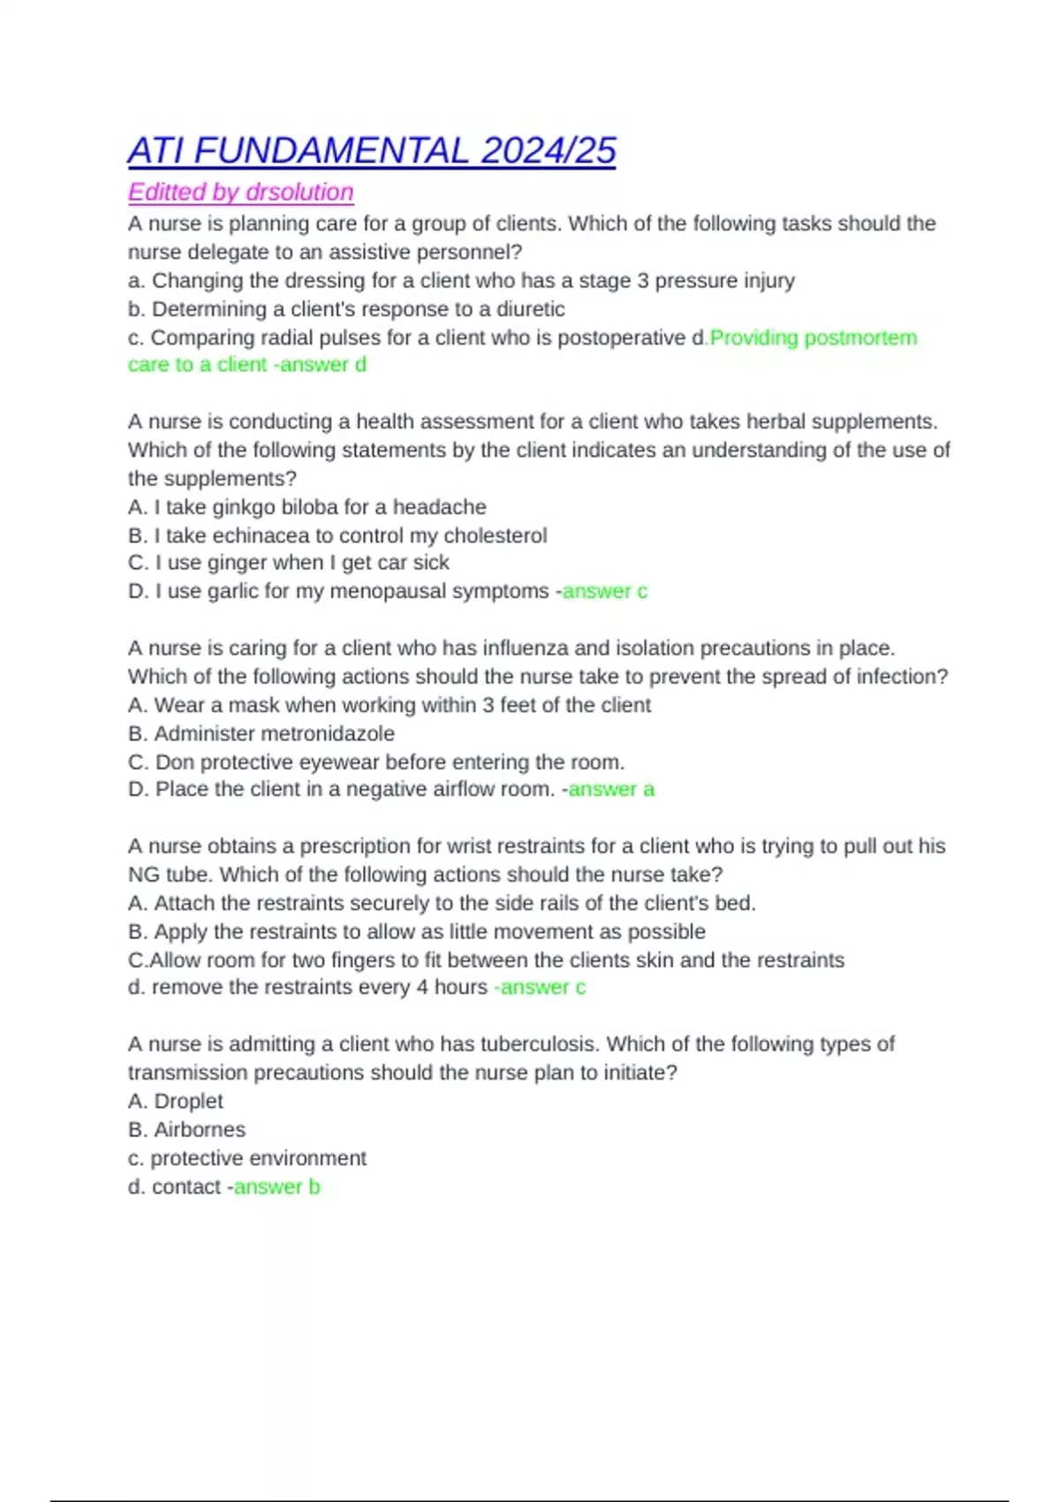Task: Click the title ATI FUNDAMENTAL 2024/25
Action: (371, 151)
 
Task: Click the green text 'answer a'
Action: (611, 789)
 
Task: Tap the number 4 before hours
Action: (422, 987)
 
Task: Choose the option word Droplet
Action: (188, 1101)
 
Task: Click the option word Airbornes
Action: (200, 1129)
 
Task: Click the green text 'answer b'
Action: (276, 1187)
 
